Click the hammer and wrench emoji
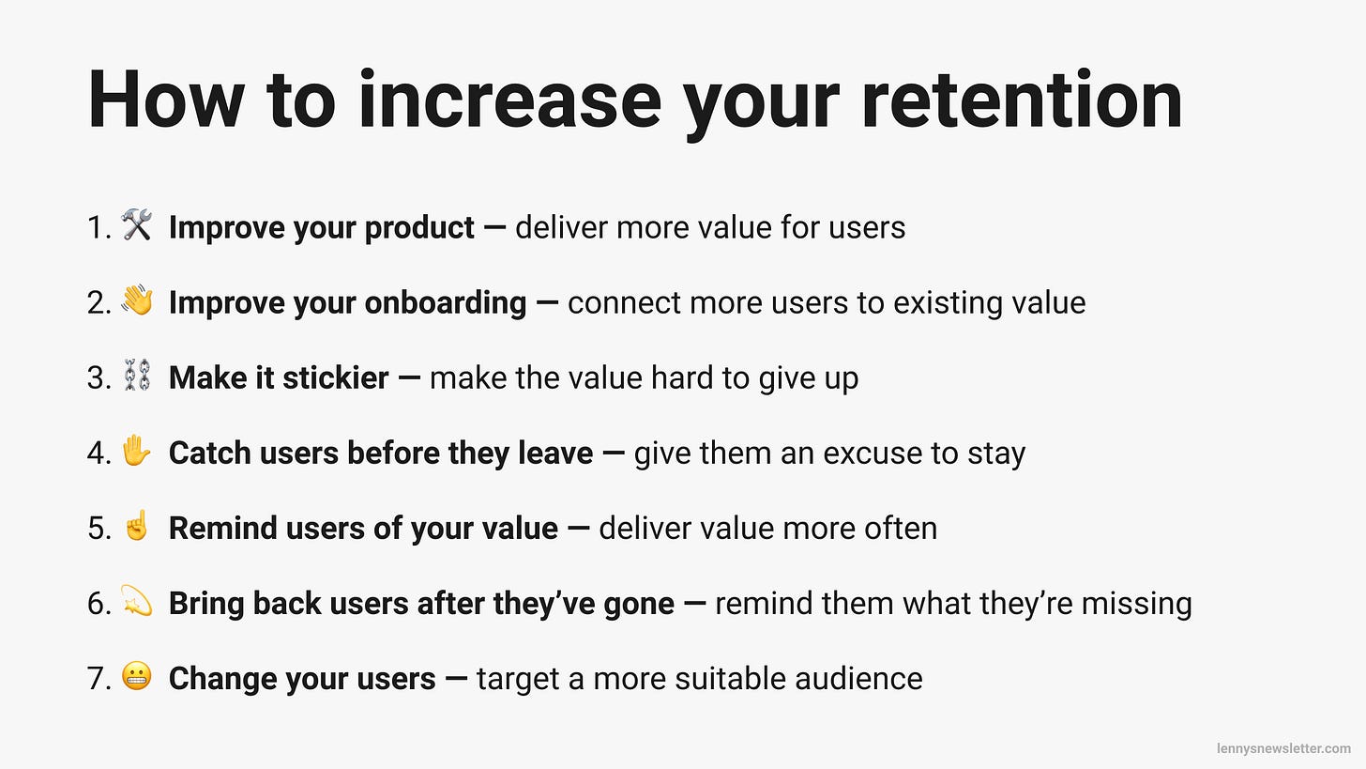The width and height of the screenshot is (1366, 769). coord(137,226)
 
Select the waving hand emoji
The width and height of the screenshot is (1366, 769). coord(137,301)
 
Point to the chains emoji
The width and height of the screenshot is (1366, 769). coord(137,377)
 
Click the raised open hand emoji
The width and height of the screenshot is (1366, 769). coord(137,453)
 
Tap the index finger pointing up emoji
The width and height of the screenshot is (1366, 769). coord(137,527)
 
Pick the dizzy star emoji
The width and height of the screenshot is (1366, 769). coord(137,602)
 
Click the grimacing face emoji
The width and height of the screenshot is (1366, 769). coord(137,677)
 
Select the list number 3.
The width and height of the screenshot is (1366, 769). coord(98,378)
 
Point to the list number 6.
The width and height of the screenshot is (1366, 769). coord(98,604)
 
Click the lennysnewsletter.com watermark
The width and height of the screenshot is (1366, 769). coord(1283,748)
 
